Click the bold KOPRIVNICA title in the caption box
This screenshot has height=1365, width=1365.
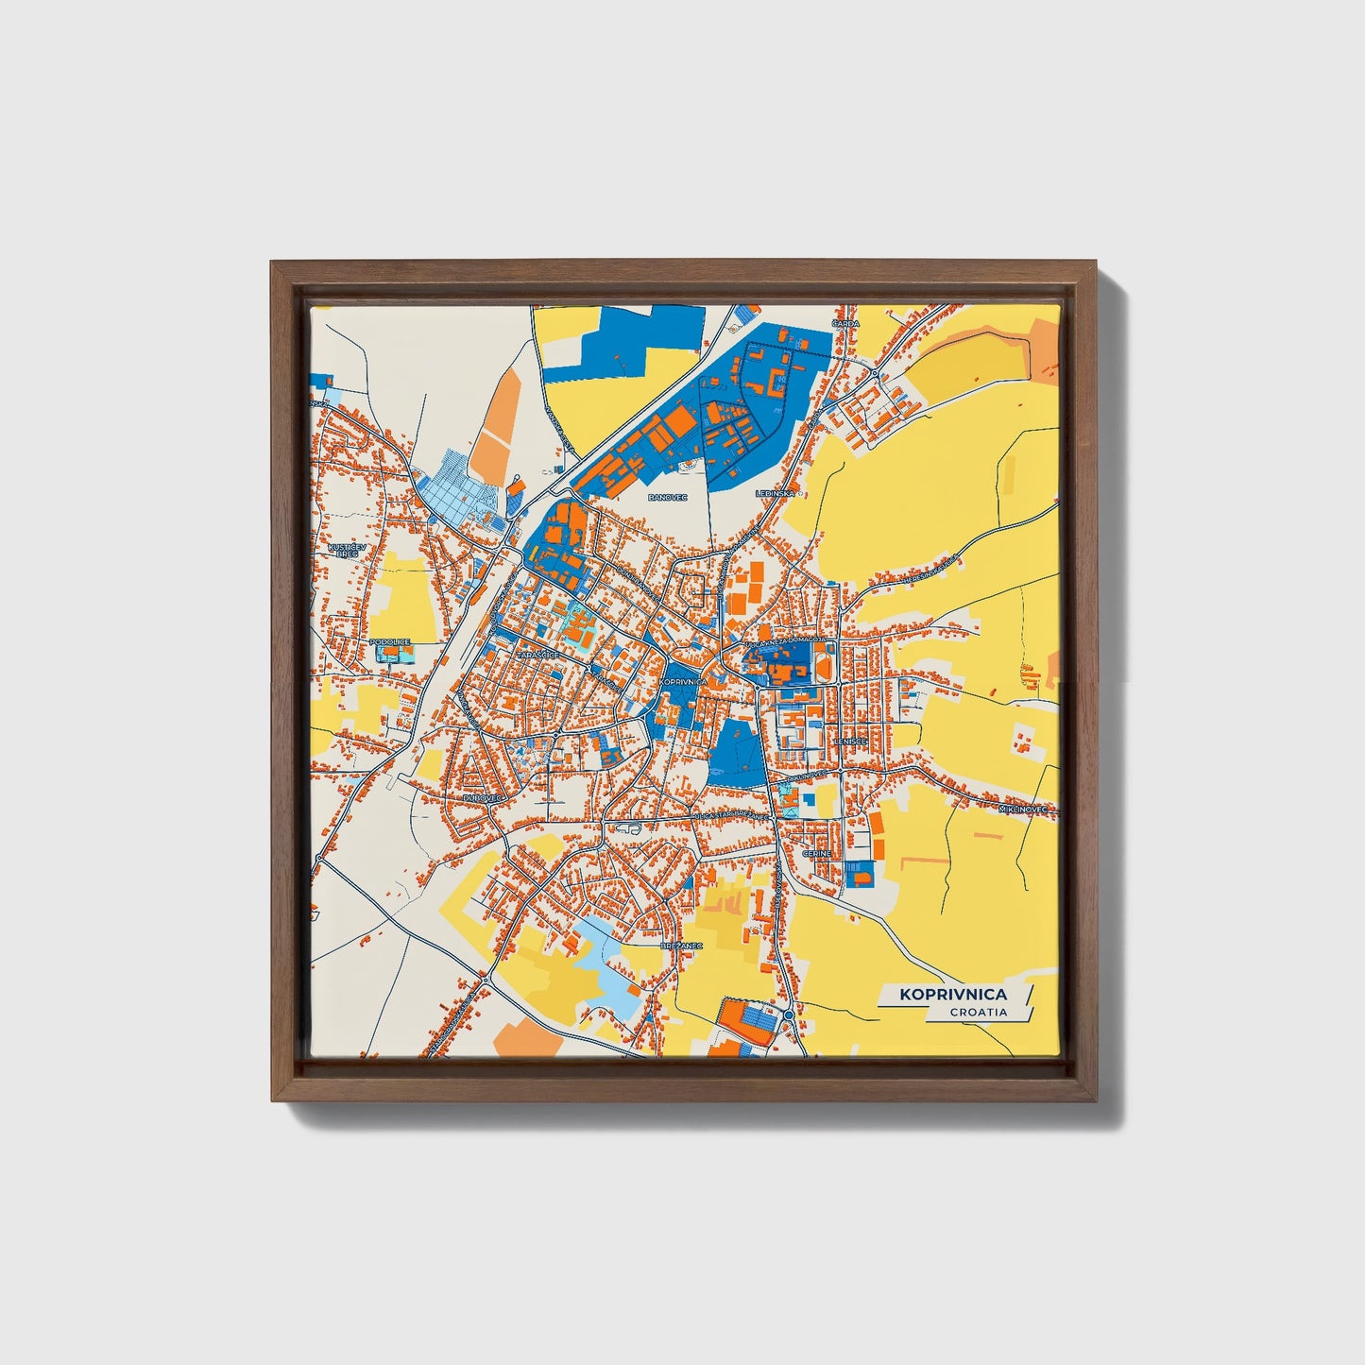click(x=952, y=994)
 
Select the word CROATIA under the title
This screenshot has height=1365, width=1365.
click(x=979, y=1013)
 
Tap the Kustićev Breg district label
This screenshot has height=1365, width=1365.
click(x=343, y=550)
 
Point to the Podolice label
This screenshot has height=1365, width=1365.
click(x=390, y=641)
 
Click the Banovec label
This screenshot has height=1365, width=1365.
click(x=667, y=496)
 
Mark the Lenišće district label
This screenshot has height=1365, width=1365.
click(x=850, y=742)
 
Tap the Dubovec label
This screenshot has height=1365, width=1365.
click(x=479, y=798)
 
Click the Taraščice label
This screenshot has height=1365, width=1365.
click(x=538, y=654)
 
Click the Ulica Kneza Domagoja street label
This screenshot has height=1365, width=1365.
click(x=786, y=641)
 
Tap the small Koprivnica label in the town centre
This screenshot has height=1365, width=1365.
click(x=684, y=681)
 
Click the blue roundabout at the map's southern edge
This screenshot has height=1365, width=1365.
click(x=788, y=1015)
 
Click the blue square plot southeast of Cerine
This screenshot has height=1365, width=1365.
click(x=859, y=875)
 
